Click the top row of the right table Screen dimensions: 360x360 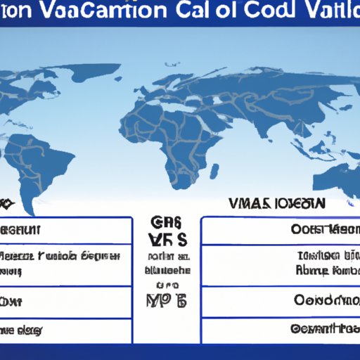[281, 230]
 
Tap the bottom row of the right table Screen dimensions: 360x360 [281, 329]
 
